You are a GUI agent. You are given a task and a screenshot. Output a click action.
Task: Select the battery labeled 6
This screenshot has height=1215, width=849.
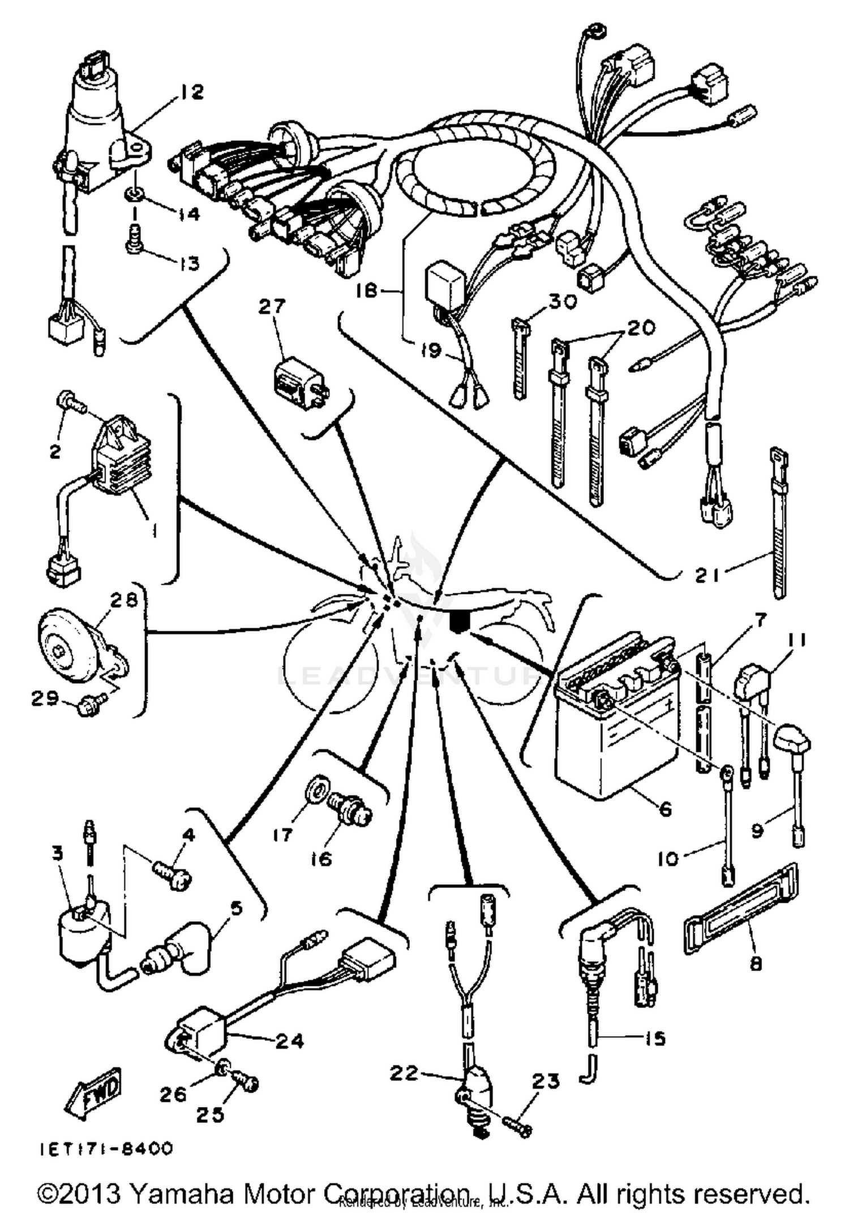[608, 730]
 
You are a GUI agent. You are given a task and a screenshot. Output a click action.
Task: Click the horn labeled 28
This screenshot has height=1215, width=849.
[68, 642]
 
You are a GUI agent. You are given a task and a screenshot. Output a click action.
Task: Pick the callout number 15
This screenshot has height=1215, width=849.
[655, 1039]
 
